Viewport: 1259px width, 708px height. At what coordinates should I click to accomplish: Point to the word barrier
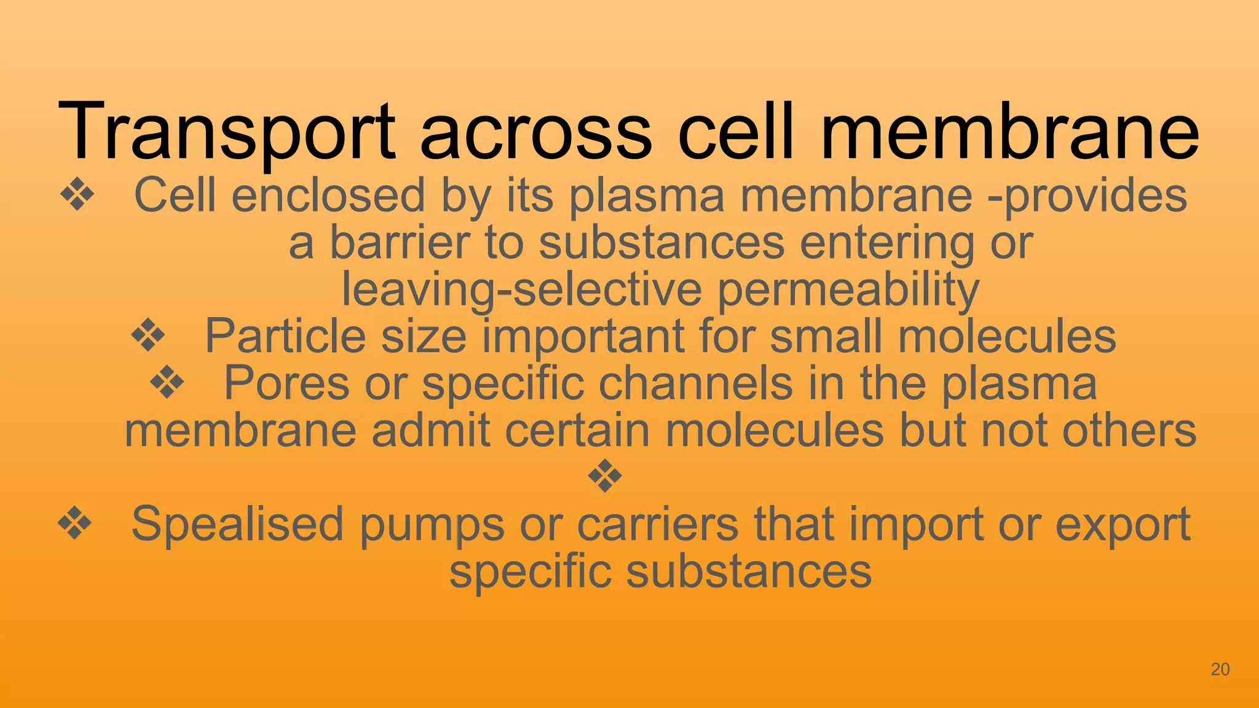[400, 242]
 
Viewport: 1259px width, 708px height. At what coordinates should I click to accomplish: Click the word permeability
[848, 290]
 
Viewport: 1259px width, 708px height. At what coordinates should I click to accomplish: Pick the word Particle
[286, 336]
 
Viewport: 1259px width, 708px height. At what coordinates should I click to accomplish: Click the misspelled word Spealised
[237, 525]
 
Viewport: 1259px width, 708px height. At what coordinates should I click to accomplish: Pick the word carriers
[658, 525]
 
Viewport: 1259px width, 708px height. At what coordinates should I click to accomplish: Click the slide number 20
[1220, 669]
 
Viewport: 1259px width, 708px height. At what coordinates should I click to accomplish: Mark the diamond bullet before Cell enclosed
[77, 195]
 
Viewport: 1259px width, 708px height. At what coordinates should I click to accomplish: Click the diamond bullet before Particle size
[148, 336]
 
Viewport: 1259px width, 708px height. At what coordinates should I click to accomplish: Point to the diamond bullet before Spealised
[74, 524]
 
